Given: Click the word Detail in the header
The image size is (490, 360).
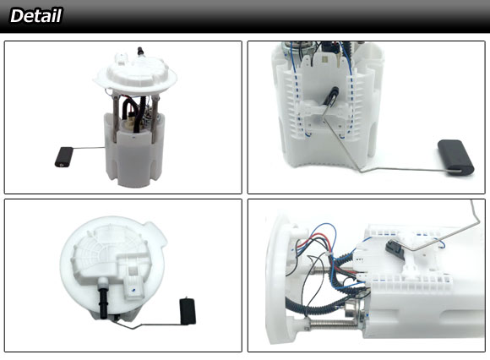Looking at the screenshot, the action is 36,15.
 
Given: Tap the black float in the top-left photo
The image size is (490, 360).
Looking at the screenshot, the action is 64,156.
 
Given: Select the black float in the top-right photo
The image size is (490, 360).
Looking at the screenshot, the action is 456,157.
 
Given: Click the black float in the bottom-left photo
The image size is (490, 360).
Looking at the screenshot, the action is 188,311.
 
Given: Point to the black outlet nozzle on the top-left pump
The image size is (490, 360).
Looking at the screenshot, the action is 140,52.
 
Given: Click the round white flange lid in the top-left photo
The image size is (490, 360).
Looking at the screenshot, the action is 135,74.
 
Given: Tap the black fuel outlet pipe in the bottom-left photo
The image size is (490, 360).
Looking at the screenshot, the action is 103,303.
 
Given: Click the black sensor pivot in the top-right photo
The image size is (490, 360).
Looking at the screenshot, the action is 332,95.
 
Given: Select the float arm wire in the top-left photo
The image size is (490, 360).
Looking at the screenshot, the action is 89,148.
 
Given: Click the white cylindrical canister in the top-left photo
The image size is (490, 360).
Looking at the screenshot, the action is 134,150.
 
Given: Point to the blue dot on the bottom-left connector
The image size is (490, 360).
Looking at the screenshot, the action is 133,290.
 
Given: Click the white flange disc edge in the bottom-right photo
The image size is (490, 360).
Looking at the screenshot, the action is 275,278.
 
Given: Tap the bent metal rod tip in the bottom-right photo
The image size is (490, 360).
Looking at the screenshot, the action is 472,203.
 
